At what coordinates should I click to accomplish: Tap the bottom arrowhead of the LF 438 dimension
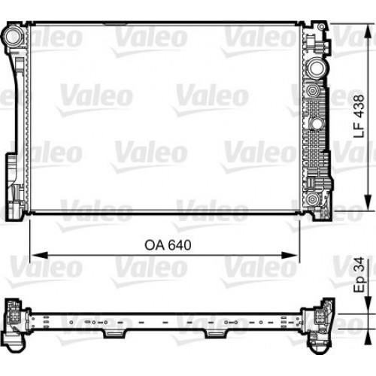point(366,206)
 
